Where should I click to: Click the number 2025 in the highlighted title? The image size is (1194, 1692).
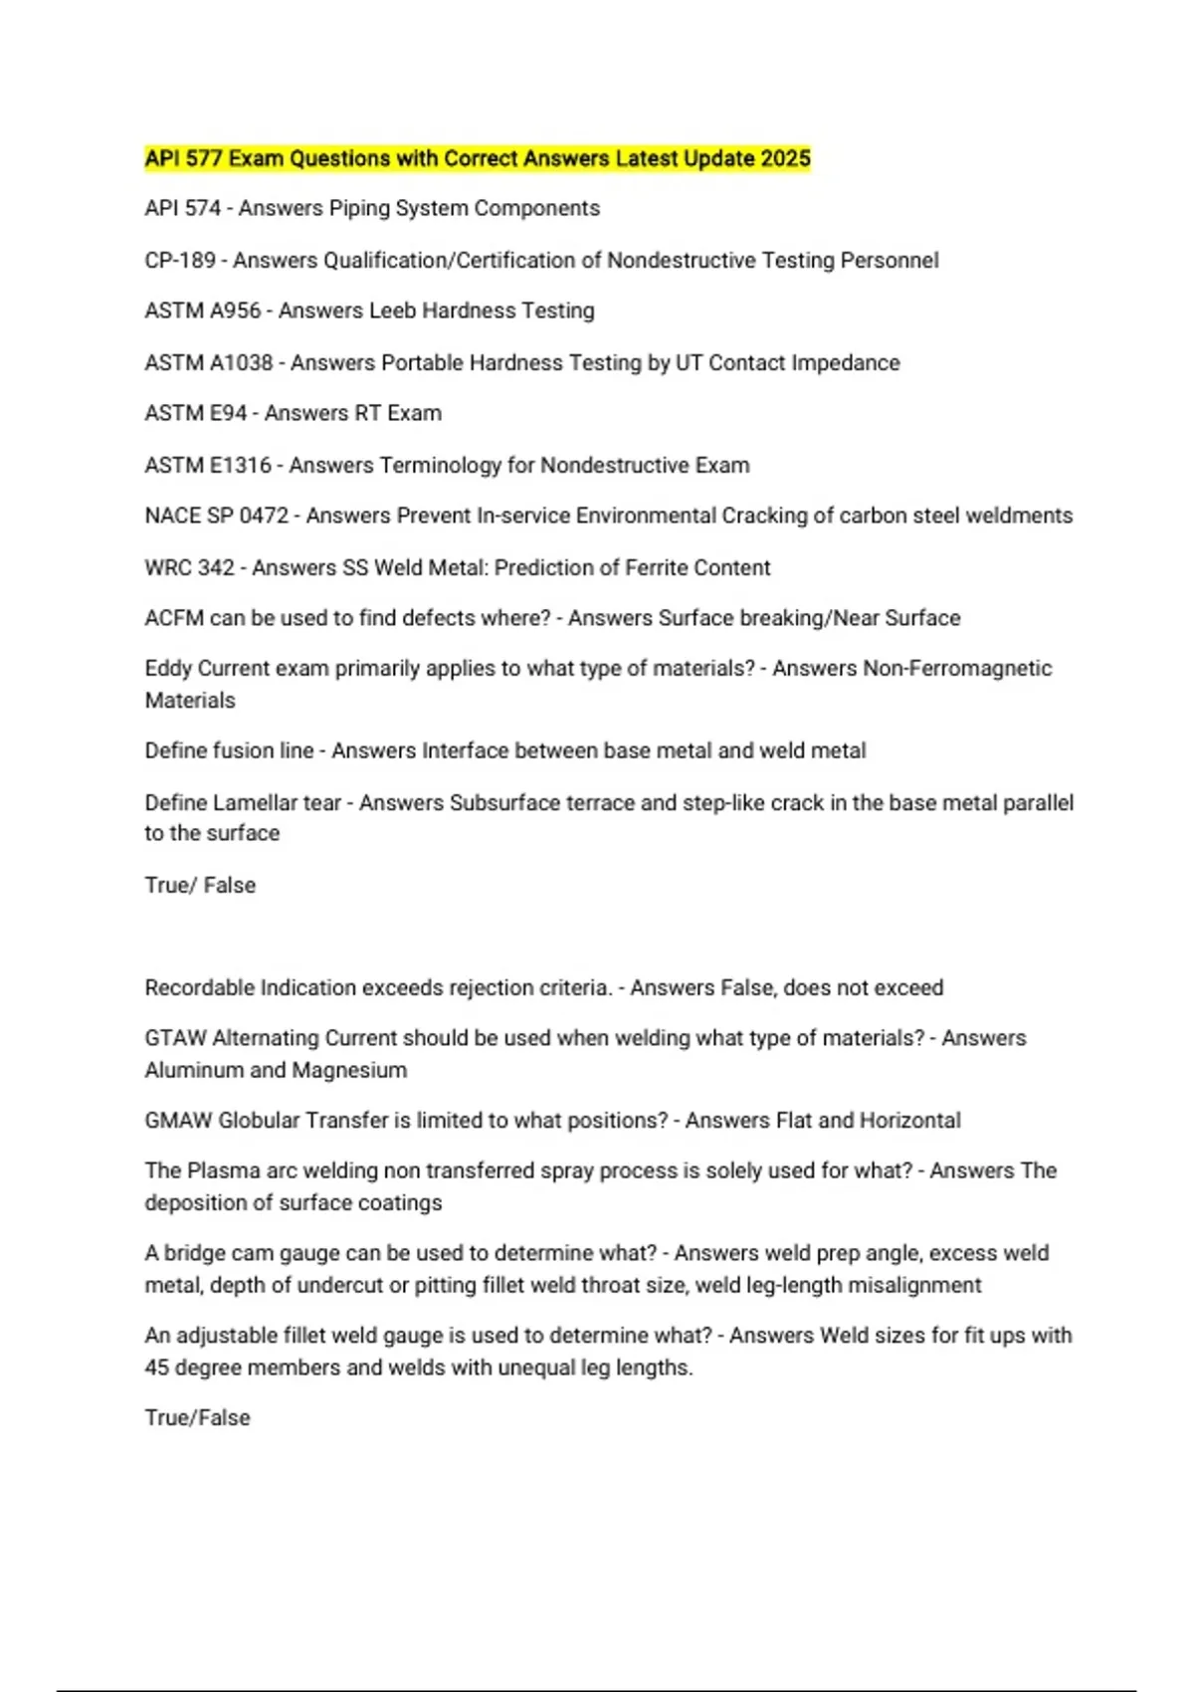coord(785,159)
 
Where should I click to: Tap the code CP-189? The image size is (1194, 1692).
coord(180,261)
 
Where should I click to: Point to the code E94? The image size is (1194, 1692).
coord(228,414)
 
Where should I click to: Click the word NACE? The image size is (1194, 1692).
coord(172,517)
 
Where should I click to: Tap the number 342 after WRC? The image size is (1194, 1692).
coord(217,568)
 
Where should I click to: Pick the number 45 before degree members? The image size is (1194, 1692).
coord(157,1369)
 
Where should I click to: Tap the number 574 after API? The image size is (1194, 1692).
coord(203,209)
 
